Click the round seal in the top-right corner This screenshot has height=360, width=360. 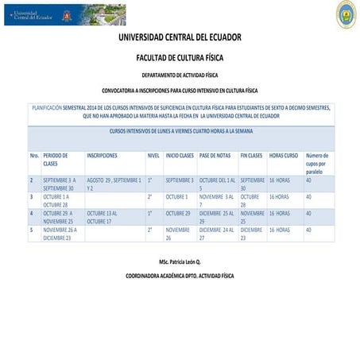[x=346, y=14]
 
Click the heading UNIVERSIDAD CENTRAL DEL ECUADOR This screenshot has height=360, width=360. [x=180, y=37]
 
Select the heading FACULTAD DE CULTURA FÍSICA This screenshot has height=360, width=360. [x=180, y=58]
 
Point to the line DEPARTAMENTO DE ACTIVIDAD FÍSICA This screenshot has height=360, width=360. [x=180, y=75]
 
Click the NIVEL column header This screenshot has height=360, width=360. [x=153, y=156]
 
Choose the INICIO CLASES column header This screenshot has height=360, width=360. [x=180, y=156]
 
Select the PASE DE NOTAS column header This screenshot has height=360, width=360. [x=215, y=156]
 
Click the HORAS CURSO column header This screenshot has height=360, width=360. [x=284, y=156]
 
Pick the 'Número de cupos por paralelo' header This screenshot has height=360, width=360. [x=317, y=163]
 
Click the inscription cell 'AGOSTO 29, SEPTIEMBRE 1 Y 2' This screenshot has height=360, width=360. [x=114, y=184]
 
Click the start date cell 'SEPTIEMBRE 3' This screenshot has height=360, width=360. [x=180, y=180]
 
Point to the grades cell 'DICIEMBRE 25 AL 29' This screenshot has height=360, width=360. [x=216, y=217]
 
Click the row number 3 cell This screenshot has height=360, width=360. [x=32, y=196]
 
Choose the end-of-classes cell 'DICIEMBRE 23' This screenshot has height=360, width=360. [x=252, y=233]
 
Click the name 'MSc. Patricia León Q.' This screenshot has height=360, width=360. [x=180, y=261]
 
